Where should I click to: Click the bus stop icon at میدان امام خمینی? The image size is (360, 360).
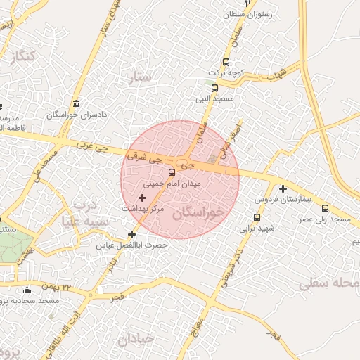click(x=172, y=172)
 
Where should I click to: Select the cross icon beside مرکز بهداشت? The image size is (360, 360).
click(x=143, y=199)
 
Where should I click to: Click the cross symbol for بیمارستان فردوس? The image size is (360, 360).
click(x=283, y=188)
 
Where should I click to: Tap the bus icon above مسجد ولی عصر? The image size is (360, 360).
click(x=325, y=209)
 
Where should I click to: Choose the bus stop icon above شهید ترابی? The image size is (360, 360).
click(x=257, y=217)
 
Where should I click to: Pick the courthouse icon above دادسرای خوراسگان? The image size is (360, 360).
click(x=76, y=103)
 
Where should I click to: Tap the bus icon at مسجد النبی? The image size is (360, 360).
click(x=214, y=89)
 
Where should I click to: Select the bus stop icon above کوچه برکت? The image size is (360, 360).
click(x=226, y=62)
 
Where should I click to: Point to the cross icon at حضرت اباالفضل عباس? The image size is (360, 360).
click(x=131, y=234)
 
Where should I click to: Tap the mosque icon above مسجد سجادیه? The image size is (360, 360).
click(x=27, y=291)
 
